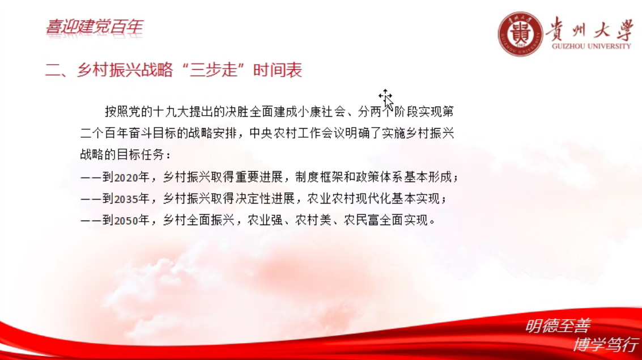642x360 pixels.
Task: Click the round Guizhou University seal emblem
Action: click(x=520, y=33)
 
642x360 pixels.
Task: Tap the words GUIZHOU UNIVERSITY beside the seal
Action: click(x=591, y=46)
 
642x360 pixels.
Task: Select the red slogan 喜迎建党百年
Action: click(x=94, y=27)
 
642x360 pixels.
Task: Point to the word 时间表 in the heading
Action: click(x=278, y=70)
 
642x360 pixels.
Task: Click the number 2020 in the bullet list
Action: click(x=126, y=177)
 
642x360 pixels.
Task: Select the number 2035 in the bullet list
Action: click(x=126, y=199)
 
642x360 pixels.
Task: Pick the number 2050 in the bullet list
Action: click(x=126, y=221)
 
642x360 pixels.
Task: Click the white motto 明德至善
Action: click(x=558, y=326)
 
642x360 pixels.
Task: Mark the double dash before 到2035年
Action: click(x=91, y=199)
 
